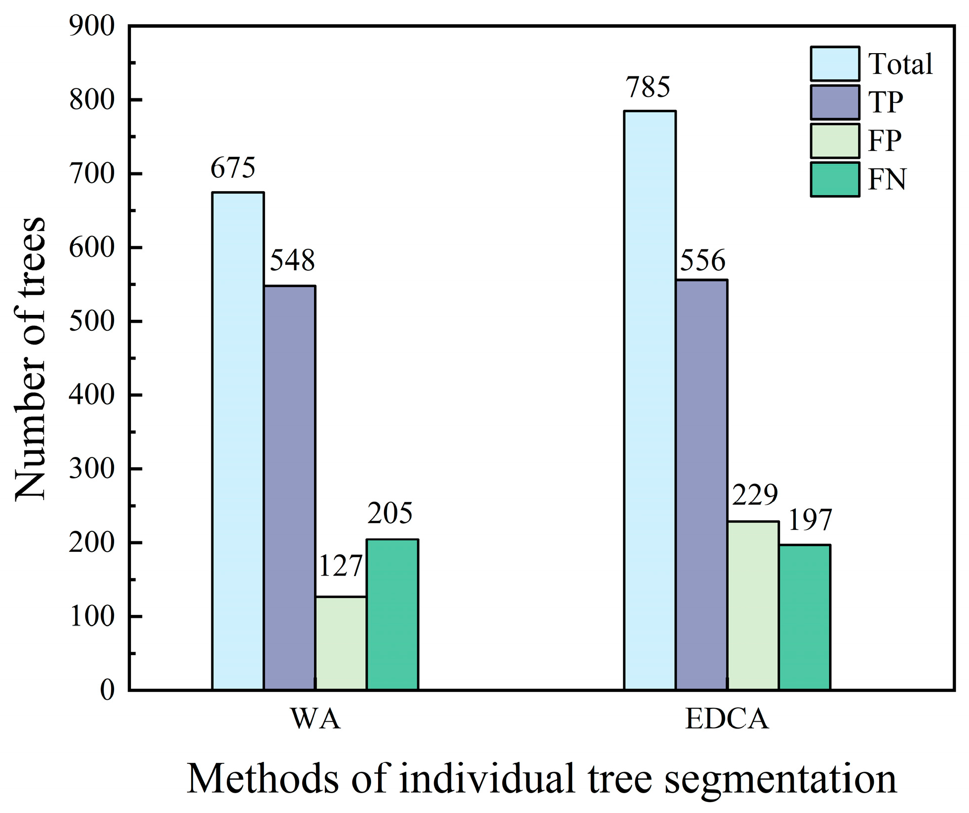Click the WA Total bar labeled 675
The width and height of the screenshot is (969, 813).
tap(238, 441)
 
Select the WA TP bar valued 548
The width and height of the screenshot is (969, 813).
tap(289, 488)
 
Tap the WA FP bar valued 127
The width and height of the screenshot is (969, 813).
tap(341, 643)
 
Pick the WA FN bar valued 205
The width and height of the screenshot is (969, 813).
tap(392, 614)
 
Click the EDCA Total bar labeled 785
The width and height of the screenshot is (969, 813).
tap(649, 400)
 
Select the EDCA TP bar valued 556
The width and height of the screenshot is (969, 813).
tap(701, 485)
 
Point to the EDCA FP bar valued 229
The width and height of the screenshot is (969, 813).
tap(753, 605)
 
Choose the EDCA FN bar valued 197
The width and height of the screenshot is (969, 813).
tap(804, 617)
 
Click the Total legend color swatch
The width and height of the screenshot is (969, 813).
tap(835, 64)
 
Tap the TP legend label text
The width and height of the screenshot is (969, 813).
tap(886, 102)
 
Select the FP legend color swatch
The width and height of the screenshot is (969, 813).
tap(835, 141)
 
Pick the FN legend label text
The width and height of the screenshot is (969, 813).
tap(887, 179)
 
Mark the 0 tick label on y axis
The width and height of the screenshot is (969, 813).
tap(107, 690)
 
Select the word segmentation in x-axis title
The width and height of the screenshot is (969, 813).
tap(780, 779)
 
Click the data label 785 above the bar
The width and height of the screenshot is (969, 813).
tap(647, 87)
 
